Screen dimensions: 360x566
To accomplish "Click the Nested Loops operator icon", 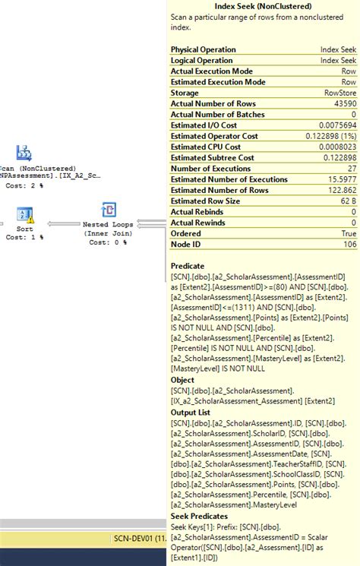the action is click(x=109, y=210).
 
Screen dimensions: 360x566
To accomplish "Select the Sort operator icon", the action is click(x=24, y=212).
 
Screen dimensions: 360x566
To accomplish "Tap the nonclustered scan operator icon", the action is click(x=24, y=152).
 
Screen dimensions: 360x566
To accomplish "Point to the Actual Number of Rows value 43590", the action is click(x=343, y=103).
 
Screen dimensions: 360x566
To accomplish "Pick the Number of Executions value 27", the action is click(x=351, y=169).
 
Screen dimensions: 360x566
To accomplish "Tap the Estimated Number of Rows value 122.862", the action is click(x=339, y=191).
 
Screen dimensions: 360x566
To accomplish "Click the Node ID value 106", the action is click(x=349, y=245).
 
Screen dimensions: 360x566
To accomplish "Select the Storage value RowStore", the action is click(x=339, y=93).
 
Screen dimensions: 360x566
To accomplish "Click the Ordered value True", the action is click(x=348, y=234).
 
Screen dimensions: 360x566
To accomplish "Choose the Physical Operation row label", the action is click(x=203, y=49).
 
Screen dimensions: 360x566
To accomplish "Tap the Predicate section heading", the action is click(x=188, y=266).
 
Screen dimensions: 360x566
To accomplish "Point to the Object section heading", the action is click(x=182, y=380).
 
